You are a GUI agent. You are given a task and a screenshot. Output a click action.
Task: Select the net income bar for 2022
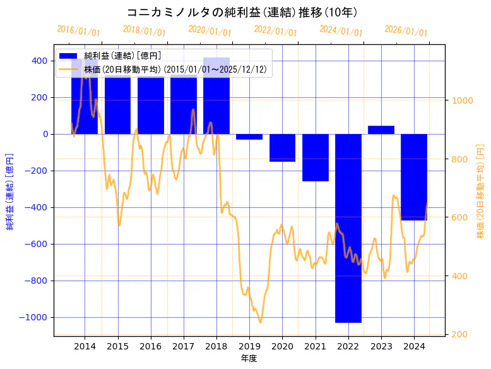click(x=348, y=227)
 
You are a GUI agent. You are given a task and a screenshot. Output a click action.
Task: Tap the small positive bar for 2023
click(x=381, y=130)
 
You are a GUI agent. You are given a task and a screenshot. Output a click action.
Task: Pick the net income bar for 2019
click(x=249, y=136)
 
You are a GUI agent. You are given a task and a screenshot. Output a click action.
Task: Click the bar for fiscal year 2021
click(x=315, y=157)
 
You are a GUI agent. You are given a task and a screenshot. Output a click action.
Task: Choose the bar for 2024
click(x=414, y=177)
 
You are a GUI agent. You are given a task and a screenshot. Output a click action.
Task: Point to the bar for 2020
click(x=282, y=148)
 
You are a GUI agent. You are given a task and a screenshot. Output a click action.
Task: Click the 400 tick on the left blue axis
click(x=39, y=61)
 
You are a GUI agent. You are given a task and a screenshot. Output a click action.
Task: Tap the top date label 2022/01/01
click(x=275, y=30)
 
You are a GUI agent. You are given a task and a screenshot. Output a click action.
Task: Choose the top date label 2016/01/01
click(x=78, y=30)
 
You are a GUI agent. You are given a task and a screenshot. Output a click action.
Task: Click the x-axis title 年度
click(x=249, y=358)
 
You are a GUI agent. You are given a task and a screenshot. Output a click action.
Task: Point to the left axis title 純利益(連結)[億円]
click(x=10, y=191)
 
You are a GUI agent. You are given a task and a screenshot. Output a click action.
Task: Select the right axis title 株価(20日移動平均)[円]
click(x=480, y=191)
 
